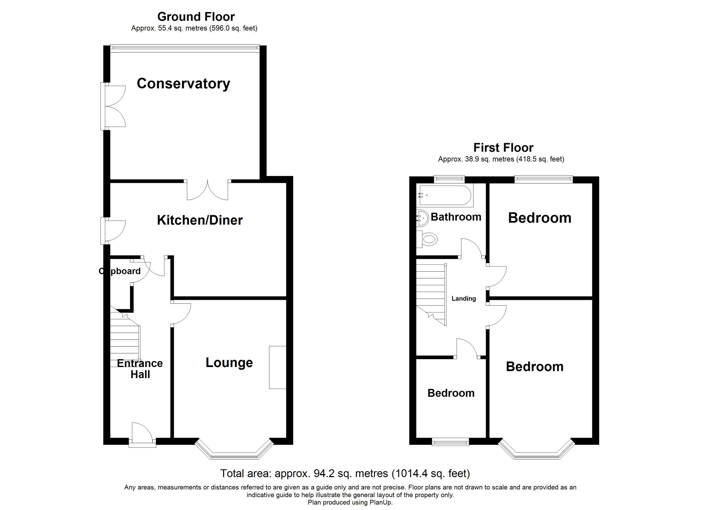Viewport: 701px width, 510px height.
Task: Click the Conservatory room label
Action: (x=183, y=84)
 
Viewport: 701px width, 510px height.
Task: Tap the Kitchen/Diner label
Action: (x=200, y=220)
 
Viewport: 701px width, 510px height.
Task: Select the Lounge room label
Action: (x=229, y=362)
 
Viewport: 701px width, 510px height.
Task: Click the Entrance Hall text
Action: (x=140, y=369)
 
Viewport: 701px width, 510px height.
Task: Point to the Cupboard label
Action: (x=120, y=271)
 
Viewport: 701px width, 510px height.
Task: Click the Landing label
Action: (x=464, y=298)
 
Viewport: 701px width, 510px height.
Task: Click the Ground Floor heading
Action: (x=196, y=16)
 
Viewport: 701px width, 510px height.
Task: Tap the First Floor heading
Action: (x=503, y=148)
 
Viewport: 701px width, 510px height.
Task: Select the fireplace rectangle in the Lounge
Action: (x=277, y=367)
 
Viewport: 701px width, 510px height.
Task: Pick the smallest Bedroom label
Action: (x=451, y=393)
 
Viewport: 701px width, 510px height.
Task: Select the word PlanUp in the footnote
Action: (x=381, y=503)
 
